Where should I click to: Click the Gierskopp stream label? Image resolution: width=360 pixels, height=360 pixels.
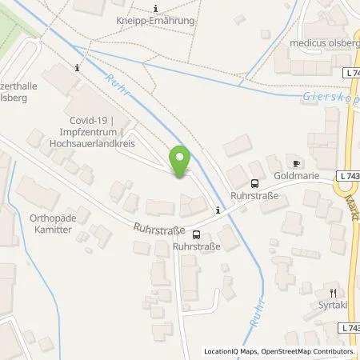(330, 95)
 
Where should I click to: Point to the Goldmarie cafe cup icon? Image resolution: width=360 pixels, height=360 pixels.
(296, 163)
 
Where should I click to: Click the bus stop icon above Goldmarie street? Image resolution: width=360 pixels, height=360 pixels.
(254, 183)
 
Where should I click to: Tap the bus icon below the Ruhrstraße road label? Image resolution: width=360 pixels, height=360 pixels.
(196, 234)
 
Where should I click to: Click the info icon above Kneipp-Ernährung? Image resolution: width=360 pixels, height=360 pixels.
(156, 8)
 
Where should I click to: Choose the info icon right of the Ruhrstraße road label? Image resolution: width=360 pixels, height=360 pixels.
(217, 211)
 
